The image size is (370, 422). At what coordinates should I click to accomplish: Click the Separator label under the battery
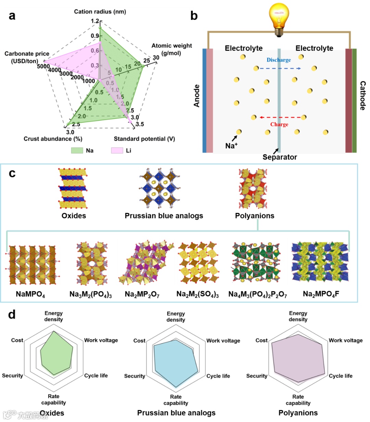pyautogui.click(x=280, y=157)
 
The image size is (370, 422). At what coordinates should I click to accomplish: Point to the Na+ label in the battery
pyautogui.click(x=231, y=146)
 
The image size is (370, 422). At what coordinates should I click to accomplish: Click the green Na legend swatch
pyautogui.click(x=77, y=150)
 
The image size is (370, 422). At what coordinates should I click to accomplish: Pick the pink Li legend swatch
pyautogui.click(x=117, y=150)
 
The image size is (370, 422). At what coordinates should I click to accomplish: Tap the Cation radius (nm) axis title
pyautogui.click(x=100, y=12)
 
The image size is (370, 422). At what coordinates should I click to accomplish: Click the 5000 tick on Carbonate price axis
pyautogui.click(x=44, y=66)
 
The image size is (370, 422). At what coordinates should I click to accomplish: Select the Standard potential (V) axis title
pyautogui.click(x=144, y=139)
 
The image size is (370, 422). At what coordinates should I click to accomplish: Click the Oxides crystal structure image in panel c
pyautogui.click(x=73, y=188)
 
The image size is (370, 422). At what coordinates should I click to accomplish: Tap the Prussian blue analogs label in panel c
pyautogui.click(x=164, y=216)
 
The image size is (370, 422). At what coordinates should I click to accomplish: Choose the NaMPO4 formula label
pyautogui.click(x=30, y=294)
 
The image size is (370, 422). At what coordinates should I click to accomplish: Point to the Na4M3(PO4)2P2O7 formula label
pyautogui.click(x=258, y=294)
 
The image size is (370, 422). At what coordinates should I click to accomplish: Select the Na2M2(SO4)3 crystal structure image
pyautogui.click(x=198, y=262)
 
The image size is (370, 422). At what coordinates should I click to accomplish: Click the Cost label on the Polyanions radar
pyautogui.click(x=261, y=340)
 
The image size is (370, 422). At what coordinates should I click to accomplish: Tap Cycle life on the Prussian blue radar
pyautogui.click(x=218, y=376)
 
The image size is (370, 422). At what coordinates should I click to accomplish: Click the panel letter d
pyautogui.click(x=12, y=314)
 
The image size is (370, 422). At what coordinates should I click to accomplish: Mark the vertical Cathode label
pyautogui.click(x=362, y=96)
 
